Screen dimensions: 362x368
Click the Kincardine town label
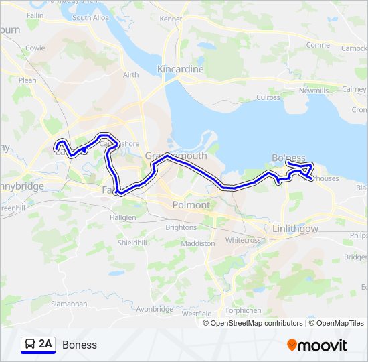tap(179, 69)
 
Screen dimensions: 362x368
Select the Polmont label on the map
tap(191, 204)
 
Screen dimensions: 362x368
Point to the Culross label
tap(268, 97)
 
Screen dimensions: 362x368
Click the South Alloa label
tap(91, 18)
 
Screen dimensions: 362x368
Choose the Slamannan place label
tap(70, 304)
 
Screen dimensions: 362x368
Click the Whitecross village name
tap(244, 240)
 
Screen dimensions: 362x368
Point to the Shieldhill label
tap(132, 243)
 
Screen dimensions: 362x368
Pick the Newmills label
tap(314, 90)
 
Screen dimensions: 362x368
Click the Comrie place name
tap(318, 45)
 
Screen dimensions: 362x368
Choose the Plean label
tap(27, 80)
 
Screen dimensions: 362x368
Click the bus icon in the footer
tap(30, 344)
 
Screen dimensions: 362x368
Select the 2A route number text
tap(45, 344)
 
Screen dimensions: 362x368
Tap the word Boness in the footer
tap(80, 345)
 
